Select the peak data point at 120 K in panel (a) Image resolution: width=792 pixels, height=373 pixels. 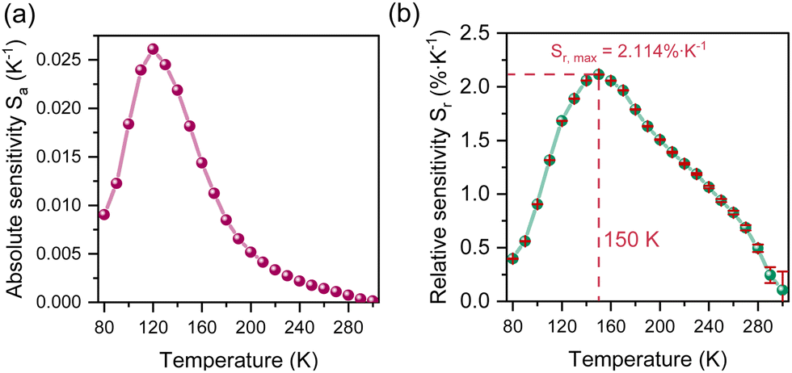tap(153, 49)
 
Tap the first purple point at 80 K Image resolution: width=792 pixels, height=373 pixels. tap(103, 214)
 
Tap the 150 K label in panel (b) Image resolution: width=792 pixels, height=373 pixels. tap(628, 239)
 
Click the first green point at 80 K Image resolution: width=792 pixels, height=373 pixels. tap(512, 258)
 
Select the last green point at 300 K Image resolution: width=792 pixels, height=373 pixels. tap(782, 290)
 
